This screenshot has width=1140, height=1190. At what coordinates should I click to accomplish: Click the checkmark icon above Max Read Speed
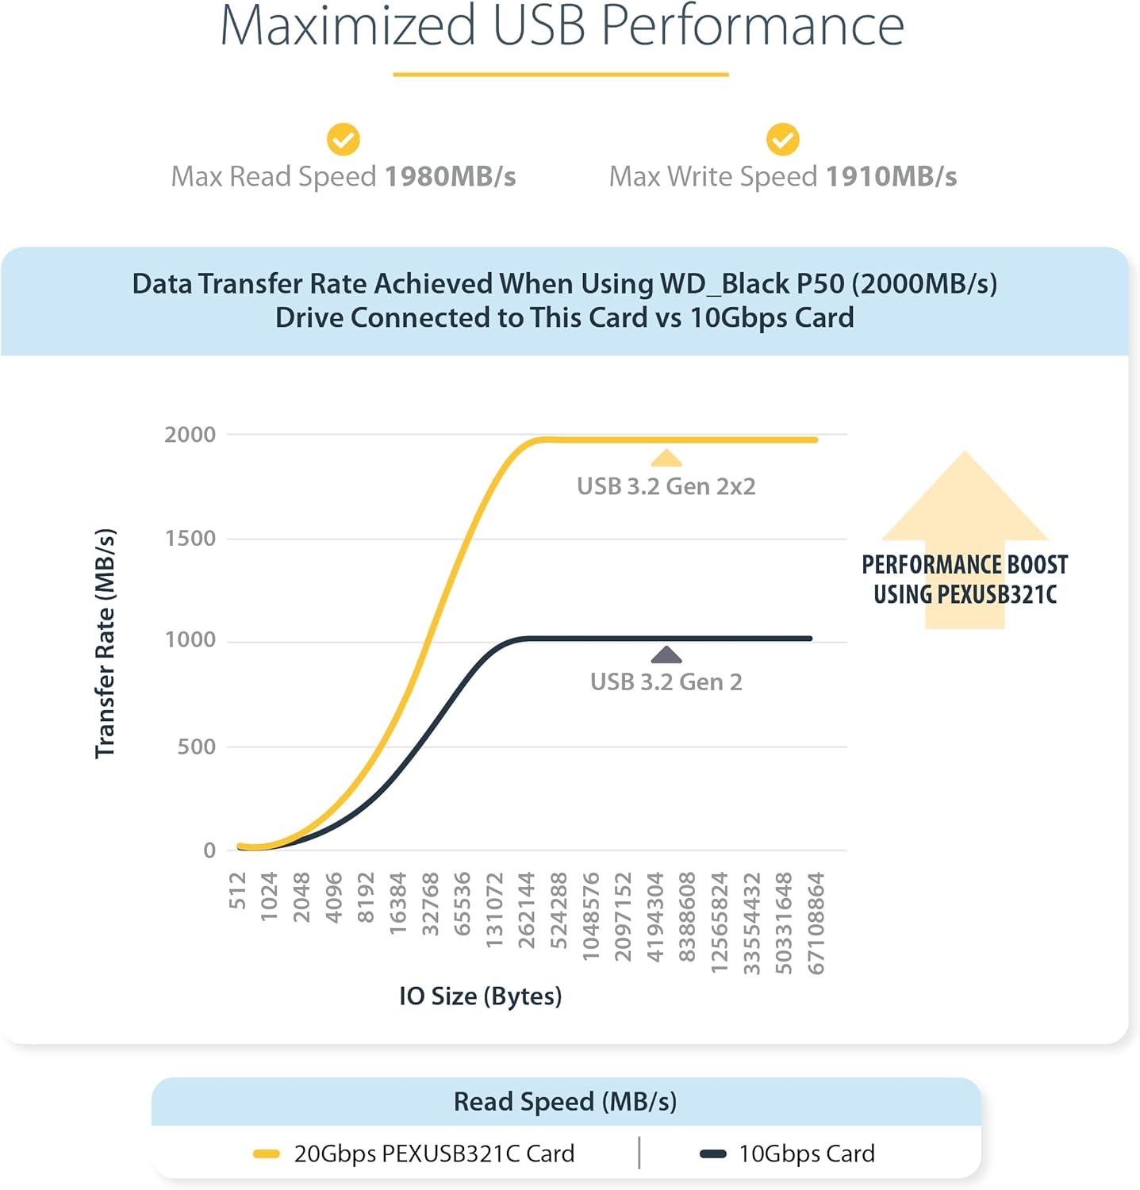click(x=344, y=140)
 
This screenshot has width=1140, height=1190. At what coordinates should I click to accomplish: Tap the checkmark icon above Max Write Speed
click(x=782, y=140)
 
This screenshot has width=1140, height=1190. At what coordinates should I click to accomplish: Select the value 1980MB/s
click(x=451, y=177)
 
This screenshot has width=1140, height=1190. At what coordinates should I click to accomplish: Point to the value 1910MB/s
click(x=892, y=177)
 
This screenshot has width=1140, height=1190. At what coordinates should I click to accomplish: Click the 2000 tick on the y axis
click(x=190, y=435)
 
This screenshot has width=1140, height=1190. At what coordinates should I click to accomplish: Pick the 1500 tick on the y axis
click(x=190, y=539)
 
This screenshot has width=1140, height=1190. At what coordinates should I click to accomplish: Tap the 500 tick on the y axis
click(x=197, y=747)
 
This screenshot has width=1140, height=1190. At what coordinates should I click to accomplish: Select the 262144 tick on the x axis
click(x=526, y=910)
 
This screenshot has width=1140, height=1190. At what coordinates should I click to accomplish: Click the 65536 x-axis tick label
click(x=462, y=904)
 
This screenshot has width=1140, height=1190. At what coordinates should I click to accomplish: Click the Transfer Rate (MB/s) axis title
click(x=106, y=643)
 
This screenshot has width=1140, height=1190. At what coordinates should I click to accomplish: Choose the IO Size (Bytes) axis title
click(x=480, y=996)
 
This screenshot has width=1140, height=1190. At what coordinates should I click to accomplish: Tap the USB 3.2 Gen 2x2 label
click(x=666, y=486)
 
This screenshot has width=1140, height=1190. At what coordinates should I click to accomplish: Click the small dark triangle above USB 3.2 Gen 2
click(x=666, y=654)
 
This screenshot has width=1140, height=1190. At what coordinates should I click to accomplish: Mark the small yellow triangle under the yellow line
click(x=666, y=459)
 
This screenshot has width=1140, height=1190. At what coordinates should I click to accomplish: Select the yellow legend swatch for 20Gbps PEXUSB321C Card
click(x=266, y=1154)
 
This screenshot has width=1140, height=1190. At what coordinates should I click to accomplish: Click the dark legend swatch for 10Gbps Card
click(x=712, y=1154)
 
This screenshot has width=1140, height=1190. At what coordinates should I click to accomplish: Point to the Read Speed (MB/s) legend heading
click(x=565, y=1102)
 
